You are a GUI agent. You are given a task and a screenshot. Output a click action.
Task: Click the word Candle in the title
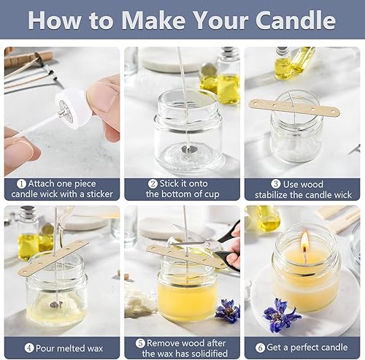(x=296, y=20)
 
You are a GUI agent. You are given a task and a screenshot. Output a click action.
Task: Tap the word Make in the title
(x=153, y=20)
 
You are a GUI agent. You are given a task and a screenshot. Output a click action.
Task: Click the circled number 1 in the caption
(x=21, y=184)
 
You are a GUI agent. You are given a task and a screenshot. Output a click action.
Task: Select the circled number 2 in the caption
(x=153, y=184)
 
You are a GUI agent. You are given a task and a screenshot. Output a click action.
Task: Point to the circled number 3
(x=276, y=184)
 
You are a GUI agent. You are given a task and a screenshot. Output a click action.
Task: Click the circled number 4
(x=29, y=348)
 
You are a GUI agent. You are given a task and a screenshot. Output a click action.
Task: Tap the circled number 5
(x=140, y=343)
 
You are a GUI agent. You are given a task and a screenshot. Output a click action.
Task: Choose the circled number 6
(x=260, y=348)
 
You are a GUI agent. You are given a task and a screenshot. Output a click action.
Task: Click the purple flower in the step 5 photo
(x=227, y=311)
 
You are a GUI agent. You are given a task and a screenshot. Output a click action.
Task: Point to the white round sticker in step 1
(x=74, y=108)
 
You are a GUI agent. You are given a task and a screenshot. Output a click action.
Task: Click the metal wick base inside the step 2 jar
(x=188, y=148)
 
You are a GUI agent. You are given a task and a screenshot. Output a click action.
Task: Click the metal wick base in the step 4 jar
(x=56, y=304)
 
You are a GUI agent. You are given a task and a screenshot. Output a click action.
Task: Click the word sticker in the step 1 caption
(x=100, y=194)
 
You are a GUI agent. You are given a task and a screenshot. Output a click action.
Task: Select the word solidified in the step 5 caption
(x=207, y=353)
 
